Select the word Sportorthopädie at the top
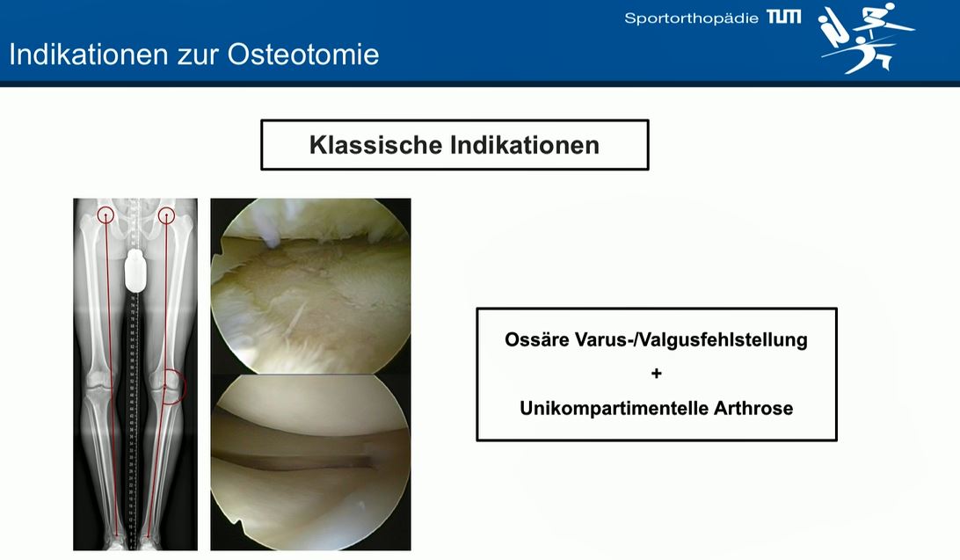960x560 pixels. click(691, 18)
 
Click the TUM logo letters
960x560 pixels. click(783, 17)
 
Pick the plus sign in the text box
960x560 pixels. click(656, 374)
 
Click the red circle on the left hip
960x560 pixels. click(105, 214)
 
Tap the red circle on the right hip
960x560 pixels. click(166, 214)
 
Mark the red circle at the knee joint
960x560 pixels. click(172, 386)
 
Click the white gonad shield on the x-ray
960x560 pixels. click(135, 271)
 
